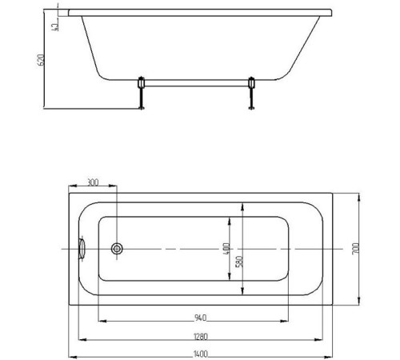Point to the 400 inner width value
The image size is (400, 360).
[226, 249]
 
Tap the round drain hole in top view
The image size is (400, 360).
[118, 249]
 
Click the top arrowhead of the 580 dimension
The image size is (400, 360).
[234, 206]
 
